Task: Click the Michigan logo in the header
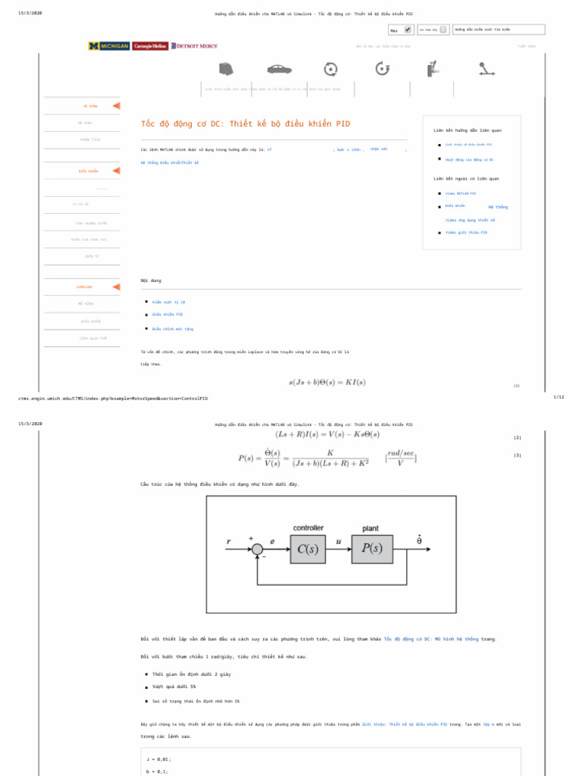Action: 108,45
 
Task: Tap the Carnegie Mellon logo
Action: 149,45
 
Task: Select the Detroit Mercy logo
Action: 194,45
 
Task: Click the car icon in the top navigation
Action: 277,69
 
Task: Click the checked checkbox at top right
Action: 408,30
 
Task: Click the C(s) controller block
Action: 307,549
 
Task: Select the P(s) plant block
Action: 372,549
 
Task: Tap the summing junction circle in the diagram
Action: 257,549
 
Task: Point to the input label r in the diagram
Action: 229,541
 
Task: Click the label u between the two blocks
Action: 338,541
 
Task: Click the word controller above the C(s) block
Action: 308,528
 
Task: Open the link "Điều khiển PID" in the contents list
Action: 167,314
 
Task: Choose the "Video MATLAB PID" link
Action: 461,193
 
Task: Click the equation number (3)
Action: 517,455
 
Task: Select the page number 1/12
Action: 559,397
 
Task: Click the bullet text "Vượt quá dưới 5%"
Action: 174,687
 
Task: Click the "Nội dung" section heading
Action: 151,280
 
